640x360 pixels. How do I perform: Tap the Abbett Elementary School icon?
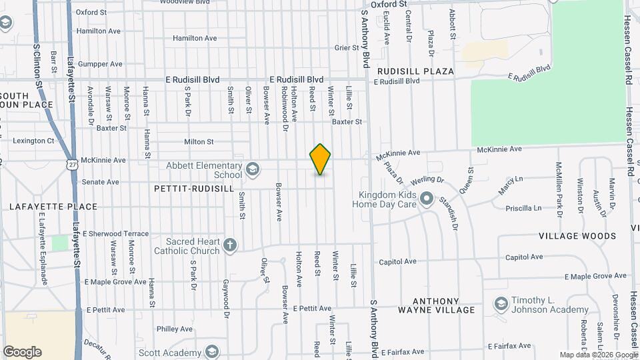coord(252,169)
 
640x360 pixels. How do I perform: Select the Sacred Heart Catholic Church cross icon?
coord(230,245)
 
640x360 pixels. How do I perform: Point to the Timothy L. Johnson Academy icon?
coord(501,305)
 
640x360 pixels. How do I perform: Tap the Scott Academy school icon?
coord(212,353)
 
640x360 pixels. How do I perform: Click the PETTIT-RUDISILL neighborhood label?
coord(193,189)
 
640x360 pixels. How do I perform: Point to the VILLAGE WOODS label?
coord(577,236)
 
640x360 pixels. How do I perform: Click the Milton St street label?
coord(199,141)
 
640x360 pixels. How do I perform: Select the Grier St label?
coord(347,47)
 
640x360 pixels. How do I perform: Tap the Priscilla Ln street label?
coord(523,208)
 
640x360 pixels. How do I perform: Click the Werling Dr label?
coord(427,180)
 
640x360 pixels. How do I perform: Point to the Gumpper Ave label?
coord(100,64)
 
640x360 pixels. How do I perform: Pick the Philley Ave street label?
coord(175,329)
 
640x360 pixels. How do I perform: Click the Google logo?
coord(22,351)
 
